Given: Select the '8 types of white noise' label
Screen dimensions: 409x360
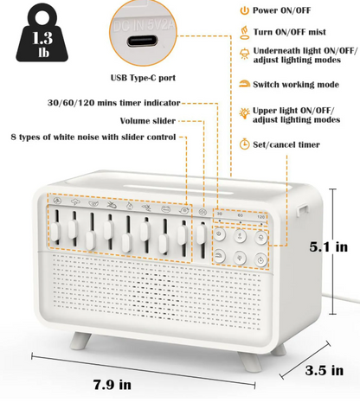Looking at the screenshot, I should tap(93, 136).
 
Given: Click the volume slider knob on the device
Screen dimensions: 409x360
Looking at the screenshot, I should tap(201, 234).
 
